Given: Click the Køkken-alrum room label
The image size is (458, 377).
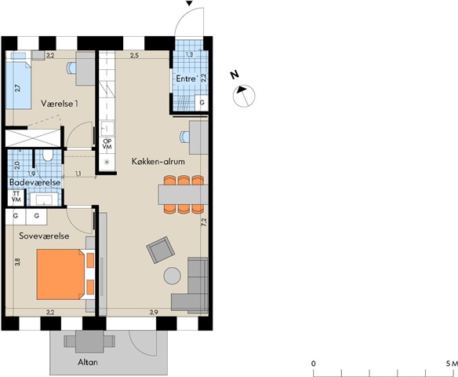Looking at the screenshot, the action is point(158,162).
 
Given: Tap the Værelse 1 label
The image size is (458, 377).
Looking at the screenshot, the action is point(60,104).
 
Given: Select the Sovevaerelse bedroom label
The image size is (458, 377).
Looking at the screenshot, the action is point(44,236).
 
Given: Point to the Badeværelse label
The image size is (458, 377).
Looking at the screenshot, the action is point(35,182).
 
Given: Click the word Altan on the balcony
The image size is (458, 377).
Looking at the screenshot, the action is point(88,362).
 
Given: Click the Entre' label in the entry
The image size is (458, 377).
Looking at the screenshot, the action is point(186,79).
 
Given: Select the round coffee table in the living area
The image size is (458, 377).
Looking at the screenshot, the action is point(172,276).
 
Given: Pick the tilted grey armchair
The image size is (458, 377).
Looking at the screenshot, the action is point(160,250).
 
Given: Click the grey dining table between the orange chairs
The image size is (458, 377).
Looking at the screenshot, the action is point(184,195).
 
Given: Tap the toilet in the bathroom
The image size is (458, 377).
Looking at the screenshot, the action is point(47,156).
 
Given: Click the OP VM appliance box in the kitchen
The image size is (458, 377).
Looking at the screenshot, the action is point(107,145).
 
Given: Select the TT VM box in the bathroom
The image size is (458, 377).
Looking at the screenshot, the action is point(16,197).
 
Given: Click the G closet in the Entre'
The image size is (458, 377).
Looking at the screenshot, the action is point(202,103).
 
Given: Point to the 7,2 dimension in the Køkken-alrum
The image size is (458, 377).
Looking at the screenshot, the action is point(204,222).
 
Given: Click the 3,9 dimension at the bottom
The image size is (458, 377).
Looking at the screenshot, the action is point(154,313).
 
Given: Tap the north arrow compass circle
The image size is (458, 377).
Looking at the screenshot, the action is point(244,96).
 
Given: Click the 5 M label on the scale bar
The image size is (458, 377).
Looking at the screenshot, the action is point(451,364).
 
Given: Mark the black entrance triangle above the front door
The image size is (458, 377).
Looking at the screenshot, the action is point(190,3).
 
